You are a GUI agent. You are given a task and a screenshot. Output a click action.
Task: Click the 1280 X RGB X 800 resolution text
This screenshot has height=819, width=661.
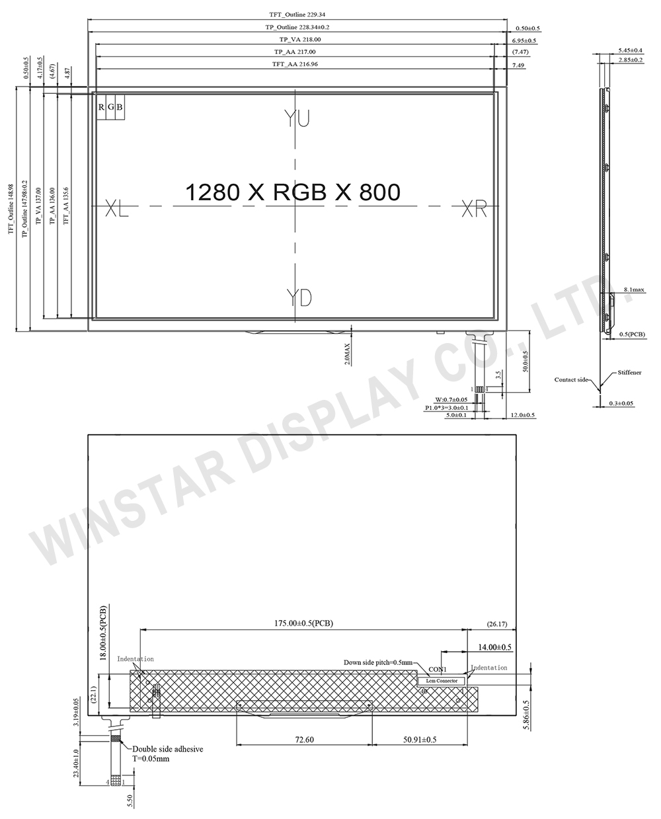pos(292,192)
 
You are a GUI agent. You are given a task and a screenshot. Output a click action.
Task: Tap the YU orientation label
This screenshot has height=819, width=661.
pos(297,119)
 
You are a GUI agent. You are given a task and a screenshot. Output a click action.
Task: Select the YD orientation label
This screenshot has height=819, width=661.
pos(299,297)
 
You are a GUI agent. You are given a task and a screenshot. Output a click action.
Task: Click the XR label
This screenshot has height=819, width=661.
pos(473,210)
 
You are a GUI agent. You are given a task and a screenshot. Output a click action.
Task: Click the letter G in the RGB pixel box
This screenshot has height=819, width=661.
pos(110,106)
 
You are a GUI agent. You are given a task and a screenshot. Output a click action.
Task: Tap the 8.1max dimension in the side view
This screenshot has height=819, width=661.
pos(633,290)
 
